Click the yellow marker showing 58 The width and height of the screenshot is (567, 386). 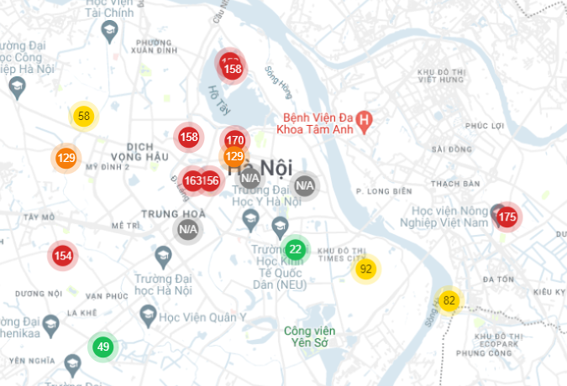click(83, 117)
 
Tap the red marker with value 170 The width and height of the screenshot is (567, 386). click(235, 140)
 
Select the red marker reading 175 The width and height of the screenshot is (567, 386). click(507, 217)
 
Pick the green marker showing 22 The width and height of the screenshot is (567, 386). click(295, 249)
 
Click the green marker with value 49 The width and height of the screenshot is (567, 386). click(103, 347)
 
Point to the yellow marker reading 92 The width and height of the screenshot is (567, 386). click(365, 269)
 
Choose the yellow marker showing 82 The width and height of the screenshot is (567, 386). click(449, 300)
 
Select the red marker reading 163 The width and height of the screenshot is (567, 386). click(192, 180)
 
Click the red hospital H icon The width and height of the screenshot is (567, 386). click(364, 123)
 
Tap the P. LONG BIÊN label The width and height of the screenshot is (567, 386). click(381, 191)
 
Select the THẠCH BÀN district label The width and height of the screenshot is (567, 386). click(454, 184)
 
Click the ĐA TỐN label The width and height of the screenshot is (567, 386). click(496, 279)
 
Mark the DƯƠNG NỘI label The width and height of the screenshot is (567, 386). click(38, 294)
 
